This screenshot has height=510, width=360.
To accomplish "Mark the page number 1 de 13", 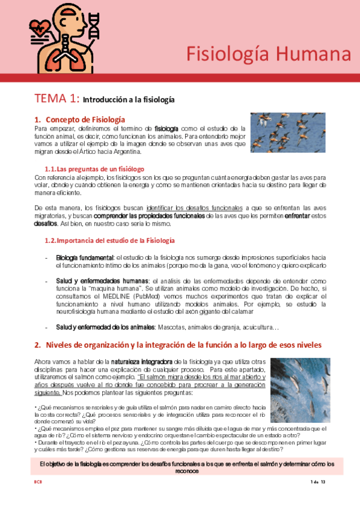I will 317,482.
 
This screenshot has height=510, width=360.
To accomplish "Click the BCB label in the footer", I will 37,482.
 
